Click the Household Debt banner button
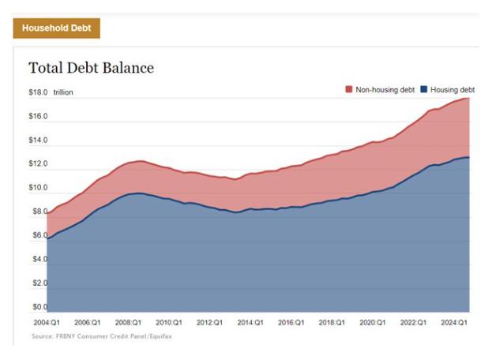pyautogui.click(x=55, y=28)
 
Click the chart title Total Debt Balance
pyautogui.click(x=91, y=68)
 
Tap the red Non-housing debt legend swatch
pyautogui.click(x=349, y=90)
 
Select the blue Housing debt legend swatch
pyautogui.click(x=424, y=90)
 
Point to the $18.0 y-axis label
pyautogui.click(x=38, y=93)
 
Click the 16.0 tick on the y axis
pyautogui.click(x=38, y=117)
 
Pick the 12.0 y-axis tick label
pyautogui.click(x=38, y=164)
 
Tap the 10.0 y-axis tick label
pyautogui.click(x=38, y=188)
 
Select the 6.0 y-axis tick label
pyautogui.click(x=38, y=235)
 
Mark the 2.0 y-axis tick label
pyautogui.click(x=38, y=283)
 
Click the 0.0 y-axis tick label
pyautogui.click(x=38, y=306)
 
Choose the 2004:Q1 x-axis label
pyautogui.click(x=47, y=323)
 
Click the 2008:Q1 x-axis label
pyautogui.click(x=129, y=323)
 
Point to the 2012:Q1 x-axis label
pyautogui.click(x=210, y=323)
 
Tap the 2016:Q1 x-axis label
pyautogui.click(x=291, y=323)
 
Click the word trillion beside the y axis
pyautogui.click(x=64, y=93)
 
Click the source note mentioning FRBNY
pyautogui.click(x=100, y=336)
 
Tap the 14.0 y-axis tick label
pyautogui.click(x=38, y=141)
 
